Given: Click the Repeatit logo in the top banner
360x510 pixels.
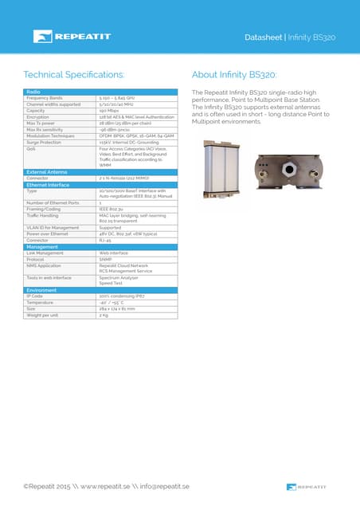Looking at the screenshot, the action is pyautogui.click(x=66, y=37).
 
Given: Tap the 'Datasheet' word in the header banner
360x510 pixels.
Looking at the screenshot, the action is pyautogui.click(x=264, y=37).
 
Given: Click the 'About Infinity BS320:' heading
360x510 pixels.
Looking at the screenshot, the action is pyautogui.click(x=234, y=75).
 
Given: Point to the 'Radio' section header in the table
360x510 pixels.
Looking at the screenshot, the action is pyautogui.click(x=34, y=92).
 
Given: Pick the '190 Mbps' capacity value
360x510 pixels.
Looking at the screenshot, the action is pyautogui.click(x=109, y=110).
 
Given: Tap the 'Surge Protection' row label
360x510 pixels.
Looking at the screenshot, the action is pyautogui.click(x=45, y=142).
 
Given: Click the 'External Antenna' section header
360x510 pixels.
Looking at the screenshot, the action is pyautogui.click(x=46, y=171).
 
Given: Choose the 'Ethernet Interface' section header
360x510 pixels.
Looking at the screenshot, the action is pyautogui.click(x=49, y=184).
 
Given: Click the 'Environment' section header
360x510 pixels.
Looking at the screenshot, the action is pyautogui.click(x=41, y=290).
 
